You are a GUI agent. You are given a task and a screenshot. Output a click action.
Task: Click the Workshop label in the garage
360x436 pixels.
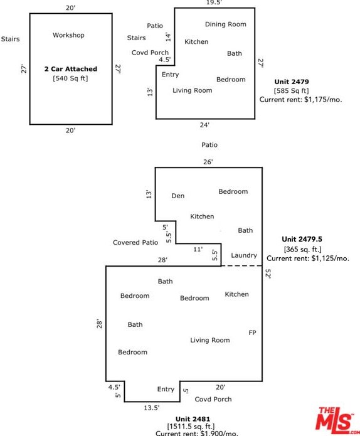tap(68, 35)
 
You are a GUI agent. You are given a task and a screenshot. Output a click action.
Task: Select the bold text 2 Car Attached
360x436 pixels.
tap(71, 69)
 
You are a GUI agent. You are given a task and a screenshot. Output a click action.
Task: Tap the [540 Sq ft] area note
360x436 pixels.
tap(70, 78)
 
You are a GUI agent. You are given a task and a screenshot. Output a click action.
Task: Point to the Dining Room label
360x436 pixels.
tap(225, 24)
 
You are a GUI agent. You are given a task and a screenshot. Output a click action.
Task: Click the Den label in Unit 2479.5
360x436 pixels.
tap(177, 196)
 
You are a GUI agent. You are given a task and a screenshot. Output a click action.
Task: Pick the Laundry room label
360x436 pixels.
tap(244, 255)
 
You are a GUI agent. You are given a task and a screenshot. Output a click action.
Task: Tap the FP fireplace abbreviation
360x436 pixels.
tap(252, 332)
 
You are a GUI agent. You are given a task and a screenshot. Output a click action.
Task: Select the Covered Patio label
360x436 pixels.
tap(135, 243)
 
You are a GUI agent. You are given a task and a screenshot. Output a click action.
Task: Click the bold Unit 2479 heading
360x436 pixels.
tap(292, 82)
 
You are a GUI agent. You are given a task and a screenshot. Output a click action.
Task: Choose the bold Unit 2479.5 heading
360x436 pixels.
tap(302, 239)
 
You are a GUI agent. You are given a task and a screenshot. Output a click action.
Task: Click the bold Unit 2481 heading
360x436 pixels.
tap(193, 419)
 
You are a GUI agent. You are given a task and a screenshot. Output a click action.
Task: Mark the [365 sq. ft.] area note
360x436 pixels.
tap(302, 249)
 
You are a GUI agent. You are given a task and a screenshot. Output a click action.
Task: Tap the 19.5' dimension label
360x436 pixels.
tap(214, 3)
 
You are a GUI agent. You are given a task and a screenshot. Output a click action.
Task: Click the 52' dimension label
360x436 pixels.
tap(268, 274)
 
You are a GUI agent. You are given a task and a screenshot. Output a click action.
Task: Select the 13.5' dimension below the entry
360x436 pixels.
tap(152, 408)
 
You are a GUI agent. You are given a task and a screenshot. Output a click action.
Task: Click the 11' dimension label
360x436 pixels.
tap(198, 250)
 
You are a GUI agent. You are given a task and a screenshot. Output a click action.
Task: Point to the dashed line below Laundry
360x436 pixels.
tap(241, 266)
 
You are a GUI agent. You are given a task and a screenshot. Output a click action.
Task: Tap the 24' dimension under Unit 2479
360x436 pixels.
tap(204, 125)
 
